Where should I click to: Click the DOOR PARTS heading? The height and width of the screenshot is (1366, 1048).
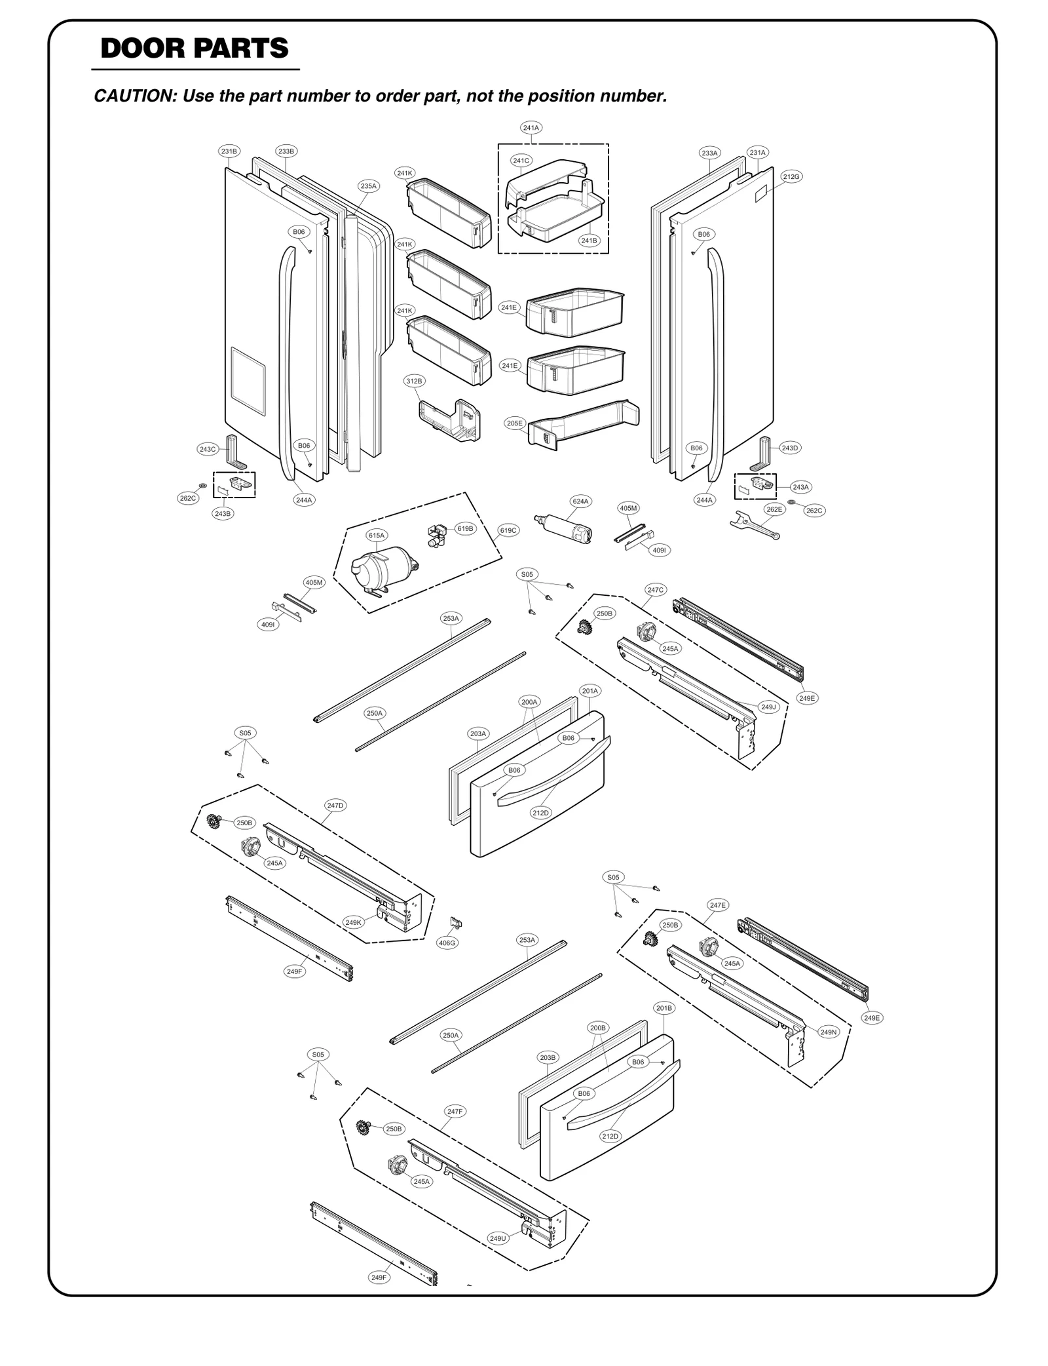[x=195, y=49]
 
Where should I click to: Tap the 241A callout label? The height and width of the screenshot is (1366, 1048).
[x=531, y=128]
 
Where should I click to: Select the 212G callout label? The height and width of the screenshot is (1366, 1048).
[x=791, y=176]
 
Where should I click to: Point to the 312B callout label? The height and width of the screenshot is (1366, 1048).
[x=414, y=381]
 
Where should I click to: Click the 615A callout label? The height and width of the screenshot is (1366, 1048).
[x=377, y=536]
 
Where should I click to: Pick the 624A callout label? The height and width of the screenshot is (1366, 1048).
[x=580, y=501]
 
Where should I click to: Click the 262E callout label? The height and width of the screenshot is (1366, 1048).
[x=774, y=509]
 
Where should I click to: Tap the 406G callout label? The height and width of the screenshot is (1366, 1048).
[x=447, y=943]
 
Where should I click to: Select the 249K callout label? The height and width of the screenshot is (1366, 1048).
[x=353, y=923]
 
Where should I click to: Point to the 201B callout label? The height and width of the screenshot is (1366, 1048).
[x=664, y=1007]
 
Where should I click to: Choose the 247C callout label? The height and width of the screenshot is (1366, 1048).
[x=656, y=590]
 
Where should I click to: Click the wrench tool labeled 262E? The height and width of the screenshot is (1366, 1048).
[x=754, y=525]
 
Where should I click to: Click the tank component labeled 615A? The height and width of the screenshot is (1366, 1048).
[x=383, y=570]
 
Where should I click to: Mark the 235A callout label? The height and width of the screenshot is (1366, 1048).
[x=369, y=186]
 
